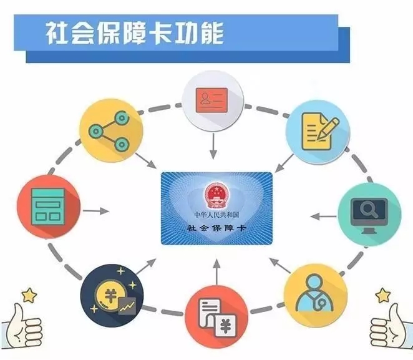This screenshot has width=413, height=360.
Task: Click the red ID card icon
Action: [x=211, y=100]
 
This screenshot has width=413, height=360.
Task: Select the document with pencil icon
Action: [x=320, y=132]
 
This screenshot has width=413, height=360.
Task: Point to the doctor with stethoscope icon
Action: [x=315, y=293]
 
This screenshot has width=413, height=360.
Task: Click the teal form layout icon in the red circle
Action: [x=48, y=207]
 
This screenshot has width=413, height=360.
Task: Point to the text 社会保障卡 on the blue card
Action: [x=216, y=228]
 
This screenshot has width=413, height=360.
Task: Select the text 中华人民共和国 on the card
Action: [x=216, y=215]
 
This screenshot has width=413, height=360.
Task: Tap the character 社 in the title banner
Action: [x=57, y=34]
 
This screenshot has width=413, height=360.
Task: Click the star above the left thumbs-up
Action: [x=29, y=295]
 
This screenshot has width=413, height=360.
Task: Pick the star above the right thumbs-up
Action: [x=383, y=295]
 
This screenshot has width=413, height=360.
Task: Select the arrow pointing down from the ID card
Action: [x=213, y=146]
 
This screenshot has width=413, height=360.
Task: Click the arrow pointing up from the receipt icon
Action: [x=216, y=271]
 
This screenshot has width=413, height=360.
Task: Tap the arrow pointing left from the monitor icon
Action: [x=323, y=216]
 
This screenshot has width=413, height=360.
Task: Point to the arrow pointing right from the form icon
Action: [x=96, y=211]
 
